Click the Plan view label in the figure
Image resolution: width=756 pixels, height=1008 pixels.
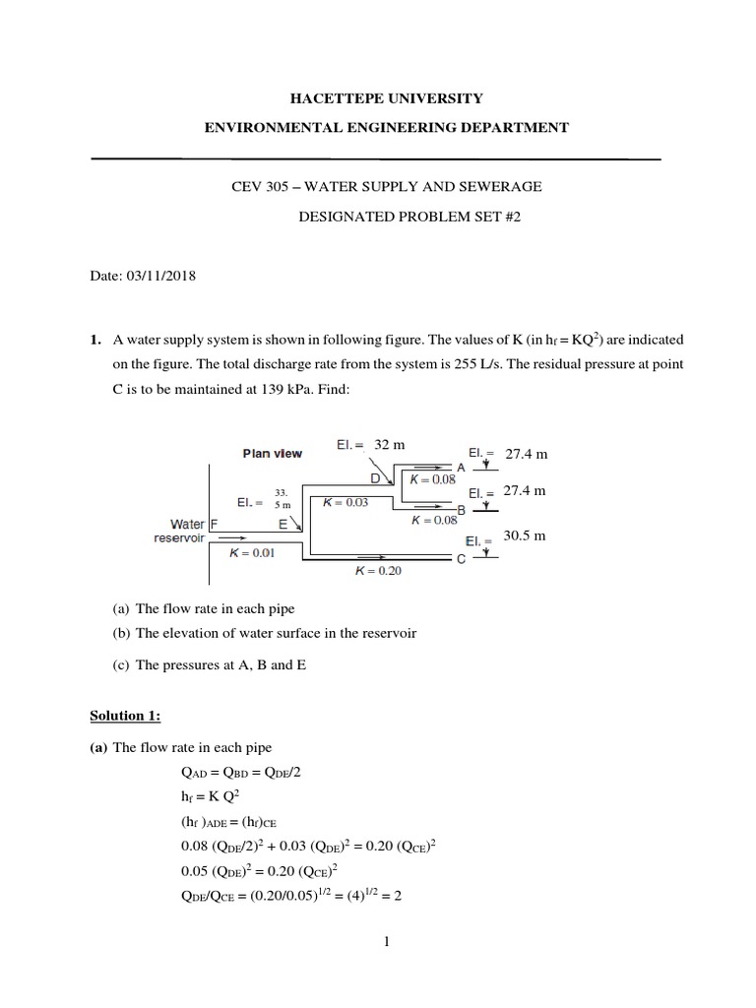click(273, 454)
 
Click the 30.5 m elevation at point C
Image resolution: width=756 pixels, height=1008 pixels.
click(525, 536)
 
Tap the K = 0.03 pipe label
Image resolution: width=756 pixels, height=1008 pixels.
click(346, 501)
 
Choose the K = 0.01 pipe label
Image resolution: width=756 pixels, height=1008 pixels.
click(252, 553)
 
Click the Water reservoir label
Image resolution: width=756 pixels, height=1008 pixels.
click(178, 532)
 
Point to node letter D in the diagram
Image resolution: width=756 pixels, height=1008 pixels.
click(375, 478)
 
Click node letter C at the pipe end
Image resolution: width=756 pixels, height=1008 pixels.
click(461, 560)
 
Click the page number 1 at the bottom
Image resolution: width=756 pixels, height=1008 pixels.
click(388, 942)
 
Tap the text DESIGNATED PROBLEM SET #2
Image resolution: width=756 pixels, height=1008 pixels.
click(409, 217)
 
